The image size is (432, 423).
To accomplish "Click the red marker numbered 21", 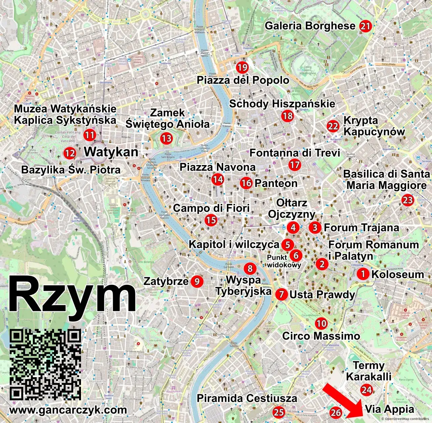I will [365, 26].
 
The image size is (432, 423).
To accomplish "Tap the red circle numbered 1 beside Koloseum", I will [363, 274].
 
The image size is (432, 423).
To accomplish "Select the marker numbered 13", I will [166, 138].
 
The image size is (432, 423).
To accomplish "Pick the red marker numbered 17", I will [295, 165].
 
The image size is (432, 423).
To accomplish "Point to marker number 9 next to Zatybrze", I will [197, 281].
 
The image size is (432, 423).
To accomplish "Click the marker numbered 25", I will [279, 412].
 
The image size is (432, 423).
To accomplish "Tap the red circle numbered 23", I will [408, 200].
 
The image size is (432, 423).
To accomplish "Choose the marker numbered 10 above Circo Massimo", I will [321, 323].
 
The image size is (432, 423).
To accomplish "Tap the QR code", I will [45, 365].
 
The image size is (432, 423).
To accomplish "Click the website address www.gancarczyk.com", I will [68, 410].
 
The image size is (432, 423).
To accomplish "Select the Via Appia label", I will [389, 409].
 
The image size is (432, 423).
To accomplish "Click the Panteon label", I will [276, 183].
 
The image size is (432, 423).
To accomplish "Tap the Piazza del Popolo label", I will [243, 80].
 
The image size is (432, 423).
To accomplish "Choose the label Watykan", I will [111, 152].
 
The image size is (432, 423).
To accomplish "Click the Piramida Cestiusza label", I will [247, 398].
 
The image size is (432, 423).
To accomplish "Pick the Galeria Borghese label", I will [310, 26].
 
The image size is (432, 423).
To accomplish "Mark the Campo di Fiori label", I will [211, 208].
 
